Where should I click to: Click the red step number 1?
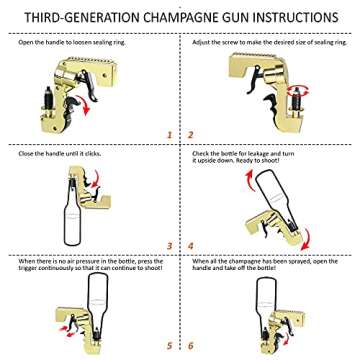[x=169, y=132]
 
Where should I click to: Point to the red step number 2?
[x=190, y=132]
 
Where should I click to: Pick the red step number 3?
[x=169, y=243]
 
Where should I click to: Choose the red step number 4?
[x=190, y=243]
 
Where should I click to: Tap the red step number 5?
[x=169, y=349]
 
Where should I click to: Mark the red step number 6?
[x=190, y=349]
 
